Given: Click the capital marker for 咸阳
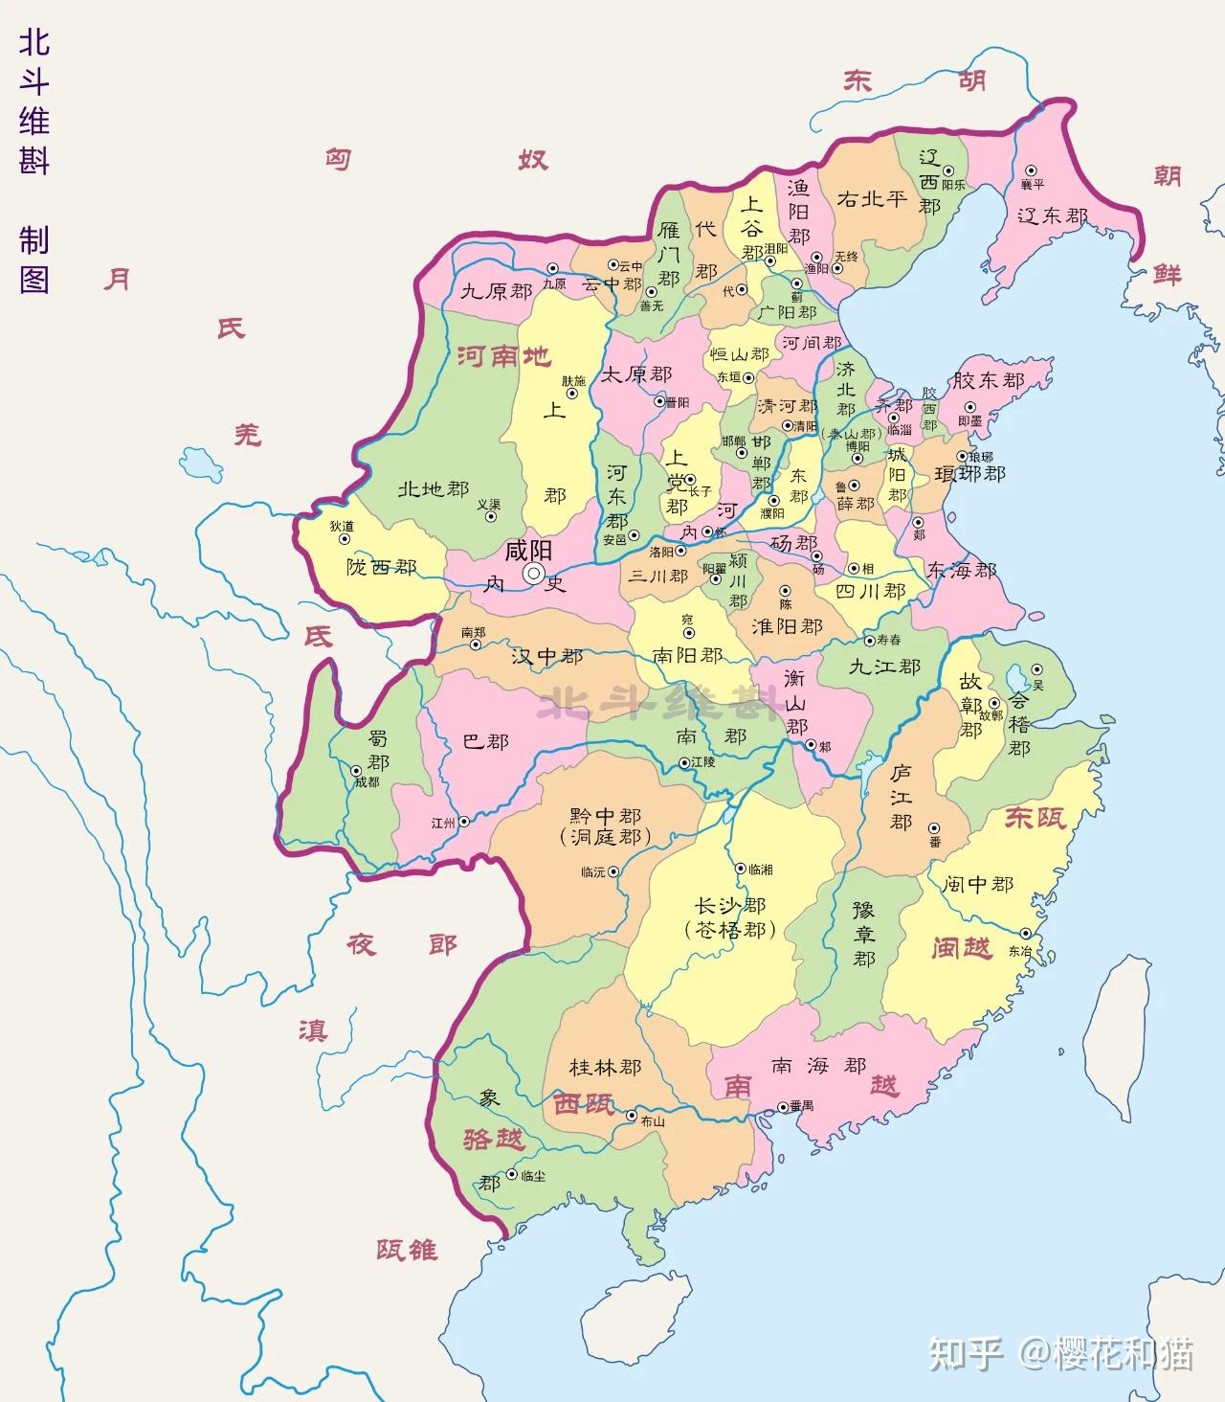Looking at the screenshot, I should pyautogui.click(x=533, y=573).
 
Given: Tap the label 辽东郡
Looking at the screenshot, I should pyautogui.click(x=1052, y=216).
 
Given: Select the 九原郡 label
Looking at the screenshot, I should pyautogui.click(x=496, y=291).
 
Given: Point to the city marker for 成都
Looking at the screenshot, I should pyautogui.click(x=356, y=769).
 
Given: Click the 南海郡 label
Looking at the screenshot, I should pyautogui.click(x=819, y=1065).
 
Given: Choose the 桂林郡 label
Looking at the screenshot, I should pyautogui.click(x=605, y=1067).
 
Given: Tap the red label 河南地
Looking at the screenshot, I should pyautogui.click(x=503, y=357).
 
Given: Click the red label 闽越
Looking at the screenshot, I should pyautogui.click(x=962, y=948).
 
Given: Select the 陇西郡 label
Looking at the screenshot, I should pyautogui.click(x=381, y=568).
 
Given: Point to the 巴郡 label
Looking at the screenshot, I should pyautogui.click(x=485, y=741).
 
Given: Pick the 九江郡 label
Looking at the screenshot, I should pyautogui.click(x=884, y=666).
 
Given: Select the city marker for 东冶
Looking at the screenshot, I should pyautogui.click(x=1025, y=933).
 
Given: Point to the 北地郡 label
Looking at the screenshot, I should pyautogui.click(x=433, y=489).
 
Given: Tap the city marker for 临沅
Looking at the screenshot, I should pyautogui.click(x=613, y=871).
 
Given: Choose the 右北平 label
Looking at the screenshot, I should pyautogui.click(x=871, y=198).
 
